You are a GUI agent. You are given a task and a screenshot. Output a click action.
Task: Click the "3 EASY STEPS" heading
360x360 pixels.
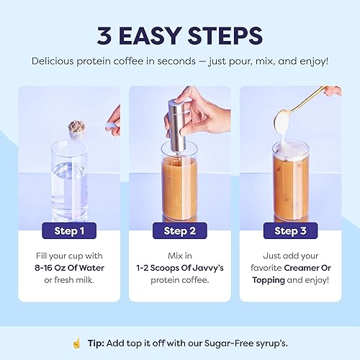click(179, 34)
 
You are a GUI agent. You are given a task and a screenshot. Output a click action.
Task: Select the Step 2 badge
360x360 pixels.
click(179, 231)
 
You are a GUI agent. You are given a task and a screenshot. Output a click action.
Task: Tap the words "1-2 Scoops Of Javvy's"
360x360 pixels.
click(179, 269)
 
